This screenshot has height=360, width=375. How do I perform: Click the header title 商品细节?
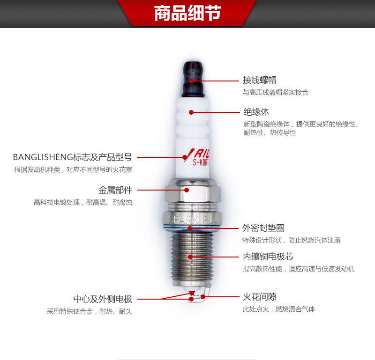pyautogui.click(x=187, y=14)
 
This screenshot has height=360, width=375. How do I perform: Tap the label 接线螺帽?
pyautogui.click(x=259, y=80)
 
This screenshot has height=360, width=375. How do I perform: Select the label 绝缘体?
pyautogui.click(x=256, y=112)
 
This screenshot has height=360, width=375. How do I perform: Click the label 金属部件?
pyautogui.click(x=115, y=190)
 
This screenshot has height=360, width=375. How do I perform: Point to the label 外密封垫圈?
pyautogui.click(x=263, y=228)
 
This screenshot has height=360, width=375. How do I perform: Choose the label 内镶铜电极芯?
pyautogui.click(x=268, y=257)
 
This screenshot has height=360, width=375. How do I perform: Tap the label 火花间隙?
pyautogui.click(x=259, y=297)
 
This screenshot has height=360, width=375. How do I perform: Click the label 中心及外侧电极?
pyautogui.click(x=103, y=299)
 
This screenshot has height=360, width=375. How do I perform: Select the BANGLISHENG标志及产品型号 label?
pyautogui.click(x=72, y=157)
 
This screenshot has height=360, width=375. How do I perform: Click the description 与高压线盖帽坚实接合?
pyautogui.click(x=275, y=93)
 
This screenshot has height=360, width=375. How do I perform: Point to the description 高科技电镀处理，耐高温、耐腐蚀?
pyautogui.click(x=83, y=203)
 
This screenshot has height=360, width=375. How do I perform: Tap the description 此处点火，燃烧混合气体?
pyautogui.click(x=278, y=309)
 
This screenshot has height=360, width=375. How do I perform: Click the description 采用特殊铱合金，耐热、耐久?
pyautogui.click(x=90, y=311)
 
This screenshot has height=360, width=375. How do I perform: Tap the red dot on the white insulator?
pyautogui.click(x=191, y=112)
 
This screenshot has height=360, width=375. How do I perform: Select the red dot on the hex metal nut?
pyautogui.click(x=187, y=190)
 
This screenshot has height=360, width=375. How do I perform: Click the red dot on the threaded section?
pyautogui.click(x=190, y=257)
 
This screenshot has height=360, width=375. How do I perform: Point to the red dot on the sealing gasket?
pyautogui.click(x=190, y=228)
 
